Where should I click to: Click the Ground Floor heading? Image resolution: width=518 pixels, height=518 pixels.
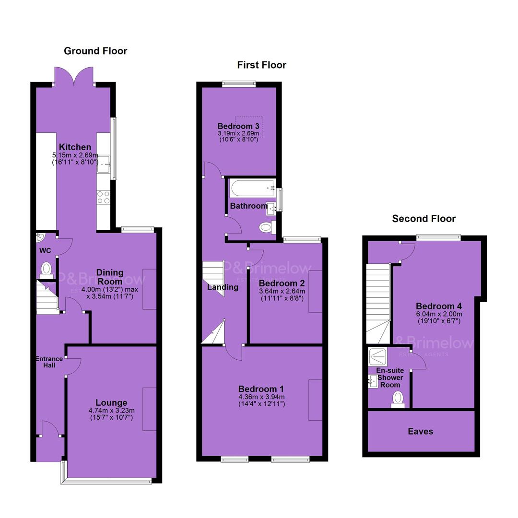point(95,51)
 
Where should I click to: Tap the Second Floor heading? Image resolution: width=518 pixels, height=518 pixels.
point(424,218)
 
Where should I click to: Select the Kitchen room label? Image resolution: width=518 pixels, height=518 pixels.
point(75,147)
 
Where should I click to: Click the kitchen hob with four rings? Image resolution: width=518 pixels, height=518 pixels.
point(103,197)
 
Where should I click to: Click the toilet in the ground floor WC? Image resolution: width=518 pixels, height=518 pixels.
point(47,271)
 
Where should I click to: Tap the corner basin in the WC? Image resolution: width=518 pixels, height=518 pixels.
point(40,237)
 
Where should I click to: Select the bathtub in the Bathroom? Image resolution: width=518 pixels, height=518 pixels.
point(253,188)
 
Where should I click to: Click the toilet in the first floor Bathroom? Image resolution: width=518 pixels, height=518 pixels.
point(268,227)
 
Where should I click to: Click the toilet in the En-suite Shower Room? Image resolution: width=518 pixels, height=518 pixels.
point(398,400)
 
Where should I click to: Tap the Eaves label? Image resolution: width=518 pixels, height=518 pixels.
point(420,431)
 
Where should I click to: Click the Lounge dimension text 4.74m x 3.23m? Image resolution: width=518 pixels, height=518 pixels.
point(111,411)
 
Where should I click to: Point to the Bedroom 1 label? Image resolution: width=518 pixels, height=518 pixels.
point(261,389)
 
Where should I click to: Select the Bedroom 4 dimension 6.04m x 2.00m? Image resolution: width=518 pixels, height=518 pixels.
point(439,314)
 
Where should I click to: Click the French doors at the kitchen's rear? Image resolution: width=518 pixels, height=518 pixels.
point(74,76)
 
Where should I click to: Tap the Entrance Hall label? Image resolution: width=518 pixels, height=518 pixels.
point(49,362)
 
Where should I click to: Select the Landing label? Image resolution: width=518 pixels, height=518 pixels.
point(223,287)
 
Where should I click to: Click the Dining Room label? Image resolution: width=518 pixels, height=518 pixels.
point(110,277)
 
